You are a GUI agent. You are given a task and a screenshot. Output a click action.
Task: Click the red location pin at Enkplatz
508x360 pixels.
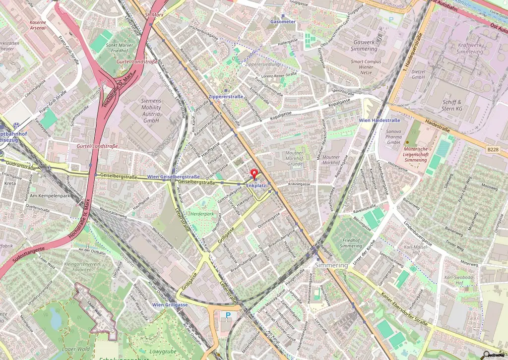[254, 175]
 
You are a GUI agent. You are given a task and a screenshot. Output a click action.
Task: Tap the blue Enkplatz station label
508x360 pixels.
[256, 186]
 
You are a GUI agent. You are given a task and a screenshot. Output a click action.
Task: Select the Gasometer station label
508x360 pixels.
[283, 22]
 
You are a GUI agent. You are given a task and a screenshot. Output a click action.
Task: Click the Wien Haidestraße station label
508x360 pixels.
[379, 120]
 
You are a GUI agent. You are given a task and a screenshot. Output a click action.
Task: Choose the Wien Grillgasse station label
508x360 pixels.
[170, 304]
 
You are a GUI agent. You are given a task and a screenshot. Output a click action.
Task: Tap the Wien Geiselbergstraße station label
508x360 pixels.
[174, 177]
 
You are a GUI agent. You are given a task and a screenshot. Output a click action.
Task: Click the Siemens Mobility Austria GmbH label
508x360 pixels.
[151, 111]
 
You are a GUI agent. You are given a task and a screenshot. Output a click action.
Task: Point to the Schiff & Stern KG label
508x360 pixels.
[452, 105]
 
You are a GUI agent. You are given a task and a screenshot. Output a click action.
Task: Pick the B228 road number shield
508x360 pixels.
[493, 149]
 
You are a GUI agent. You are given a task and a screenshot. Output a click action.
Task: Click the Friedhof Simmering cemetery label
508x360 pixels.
[351, 243]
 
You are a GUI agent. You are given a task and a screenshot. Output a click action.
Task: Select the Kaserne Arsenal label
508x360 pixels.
[38, 25]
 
